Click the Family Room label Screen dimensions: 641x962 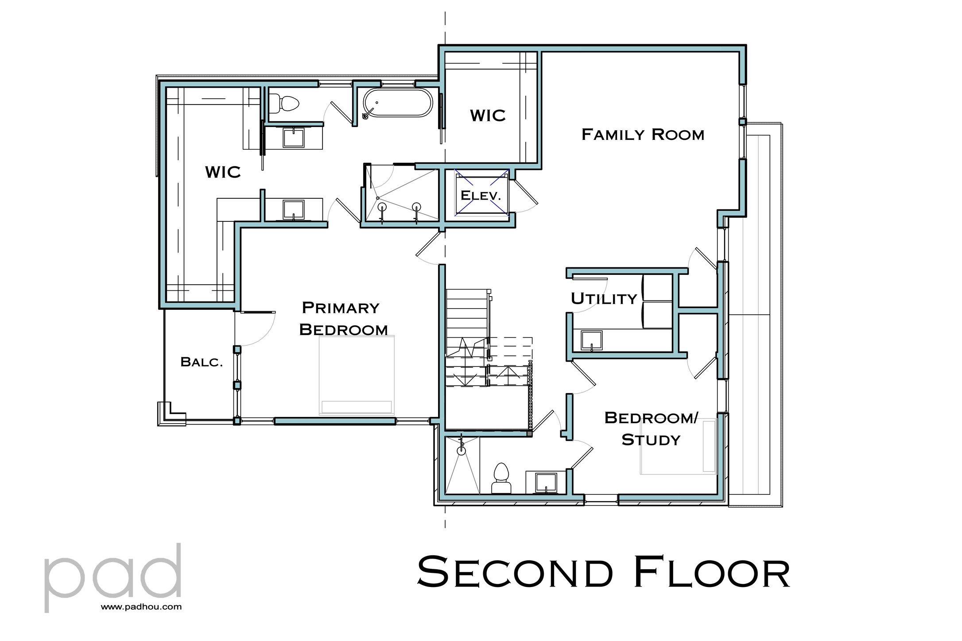[643, 135]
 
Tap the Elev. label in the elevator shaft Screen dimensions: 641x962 [481, 195]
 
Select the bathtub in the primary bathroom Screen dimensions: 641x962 [397, 103]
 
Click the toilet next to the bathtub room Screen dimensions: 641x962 [284, 104]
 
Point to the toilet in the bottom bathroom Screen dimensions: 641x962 [501, 479]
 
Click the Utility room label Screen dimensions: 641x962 [604, 299]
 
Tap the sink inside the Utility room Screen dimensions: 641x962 [591, 340]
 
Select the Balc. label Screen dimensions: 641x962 [202, 362]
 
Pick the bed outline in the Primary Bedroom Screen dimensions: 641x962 [357, 375]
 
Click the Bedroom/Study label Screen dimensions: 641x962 [651, 429]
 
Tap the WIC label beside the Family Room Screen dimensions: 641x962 [488, 116]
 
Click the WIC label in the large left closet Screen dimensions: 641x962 [223, 172]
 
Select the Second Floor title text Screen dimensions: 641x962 [603, 572]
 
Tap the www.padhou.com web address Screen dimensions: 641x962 [141, 607]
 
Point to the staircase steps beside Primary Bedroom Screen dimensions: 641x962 [468, 319]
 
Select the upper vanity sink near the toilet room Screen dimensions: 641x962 [293, 137]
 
